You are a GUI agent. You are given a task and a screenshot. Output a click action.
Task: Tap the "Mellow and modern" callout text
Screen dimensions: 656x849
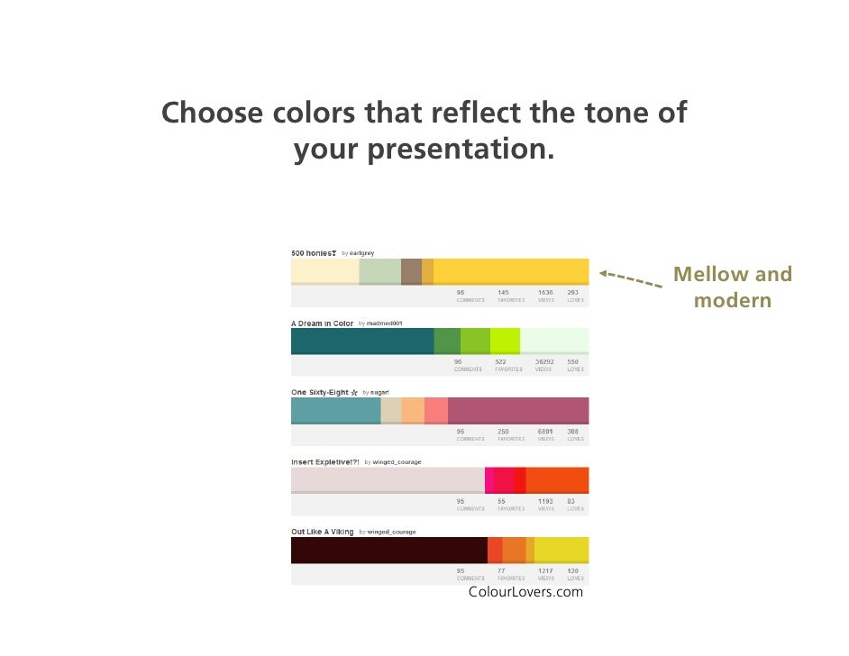coord(732,287)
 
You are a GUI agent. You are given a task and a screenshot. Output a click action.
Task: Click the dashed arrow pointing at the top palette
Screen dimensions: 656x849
coord(631,279)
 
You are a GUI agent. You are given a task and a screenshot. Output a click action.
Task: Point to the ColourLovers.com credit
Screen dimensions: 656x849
coord(525,592)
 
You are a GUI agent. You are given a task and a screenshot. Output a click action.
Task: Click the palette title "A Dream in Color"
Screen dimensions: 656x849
coord(322,323)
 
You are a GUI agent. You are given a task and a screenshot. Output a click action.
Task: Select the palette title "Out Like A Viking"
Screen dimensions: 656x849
coord(322,532)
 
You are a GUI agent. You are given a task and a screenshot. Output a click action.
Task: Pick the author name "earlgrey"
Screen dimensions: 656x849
coord(361,253)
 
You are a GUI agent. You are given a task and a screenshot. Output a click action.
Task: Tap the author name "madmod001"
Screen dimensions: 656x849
coord(384,323)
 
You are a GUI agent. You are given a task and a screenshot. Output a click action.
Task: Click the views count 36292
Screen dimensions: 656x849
coord(545,362)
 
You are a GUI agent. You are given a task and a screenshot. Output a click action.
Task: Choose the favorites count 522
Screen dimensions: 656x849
coord(502,362)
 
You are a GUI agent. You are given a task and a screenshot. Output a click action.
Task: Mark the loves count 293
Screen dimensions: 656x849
coord(573,293)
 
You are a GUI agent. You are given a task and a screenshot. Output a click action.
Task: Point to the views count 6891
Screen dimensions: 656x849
coord(545,432)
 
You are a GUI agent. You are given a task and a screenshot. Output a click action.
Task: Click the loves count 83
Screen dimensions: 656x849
coord(571,501)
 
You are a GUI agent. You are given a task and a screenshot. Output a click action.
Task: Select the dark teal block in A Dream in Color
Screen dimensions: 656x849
coord(361,341)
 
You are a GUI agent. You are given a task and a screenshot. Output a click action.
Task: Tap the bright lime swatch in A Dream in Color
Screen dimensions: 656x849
coord(505,341)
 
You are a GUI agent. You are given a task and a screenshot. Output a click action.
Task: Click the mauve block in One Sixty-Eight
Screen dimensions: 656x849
coord(517,410)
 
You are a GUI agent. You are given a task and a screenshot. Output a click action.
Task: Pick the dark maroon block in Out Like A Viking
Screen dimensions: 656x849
coord(388,550)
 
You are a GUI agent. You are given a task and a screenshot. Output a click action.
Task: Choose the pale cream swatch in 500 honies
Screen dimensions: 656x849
coord(324,270)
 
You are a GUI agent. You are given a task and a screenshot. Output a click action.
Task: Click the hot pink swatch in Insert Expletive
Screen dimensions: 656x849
coord(488,480)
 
